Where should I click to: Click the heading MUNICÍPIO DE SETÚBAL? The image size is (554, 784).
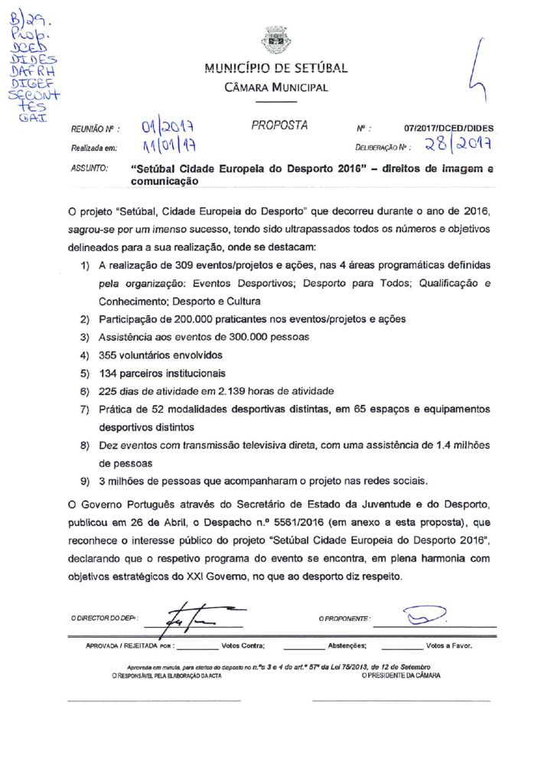click(x=276, y=67)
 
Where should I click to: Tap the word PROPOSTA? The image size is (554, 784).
click(x=279, y=124)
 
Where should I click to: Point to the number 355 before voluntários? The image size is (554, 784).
click(x=109, y=355)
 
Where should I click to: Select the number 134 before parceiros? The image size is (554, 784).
click(x=109, y=374)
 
